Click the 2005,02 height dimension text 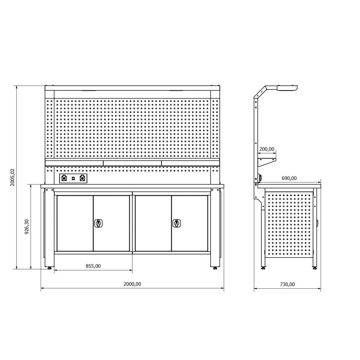[12, 177]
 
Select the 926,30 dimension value [27, 226]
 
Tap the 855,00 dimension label [93, 266]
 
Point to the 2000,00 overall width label [132, 284]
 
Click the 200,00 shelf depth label [267, 149]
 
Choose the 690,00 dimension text [289, 178]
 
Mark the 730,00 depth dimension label [287, 284]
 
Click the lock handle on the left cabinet [99, 223]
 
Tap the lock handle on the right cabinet [177, 223]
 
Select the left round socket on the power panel [64, 178]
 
